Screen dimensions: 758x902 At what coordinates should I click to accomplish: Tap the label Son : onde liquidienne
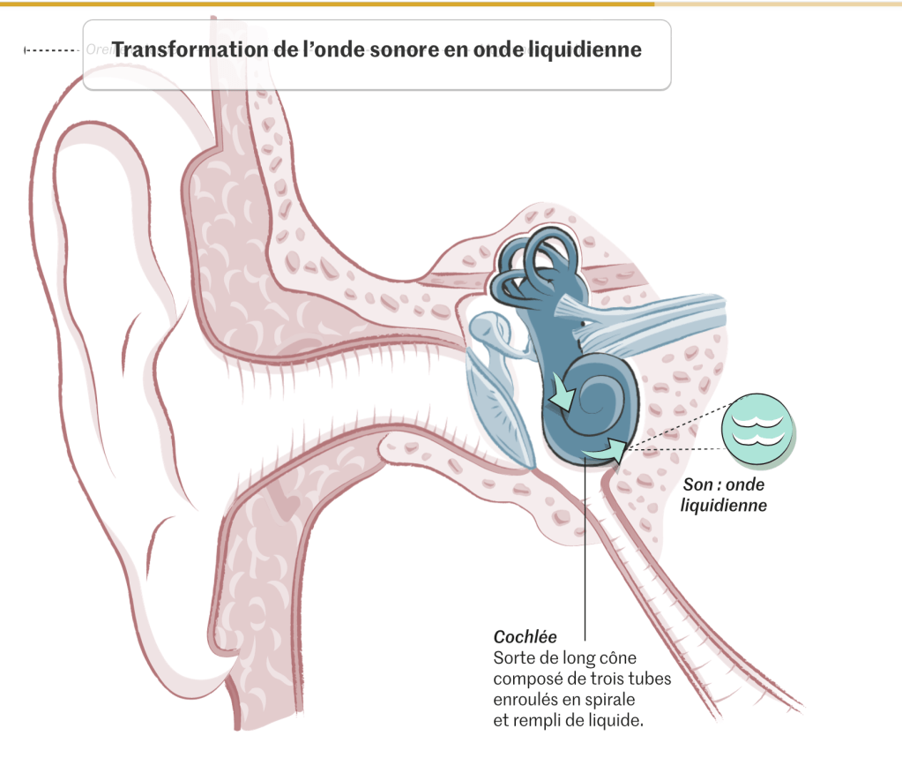[725, 495]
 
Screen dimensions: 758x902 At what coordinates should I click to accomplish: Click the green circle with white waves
[756, 427]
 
